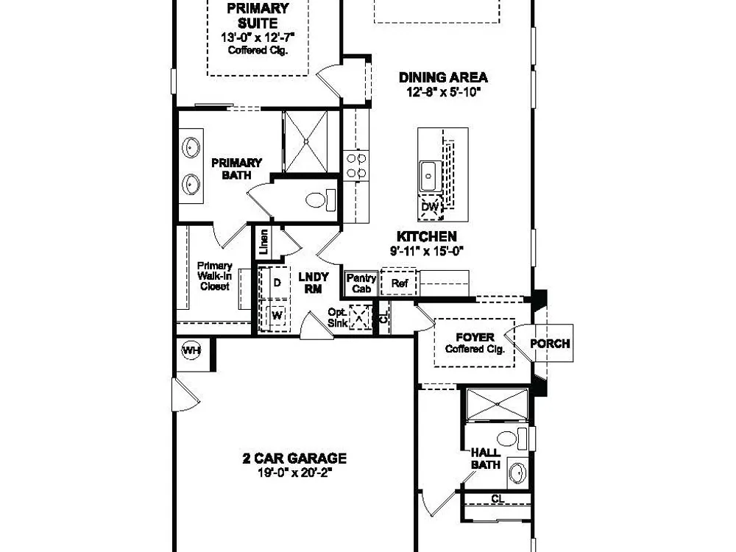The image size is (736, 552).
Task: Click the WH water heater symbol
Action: (x=191, y=350)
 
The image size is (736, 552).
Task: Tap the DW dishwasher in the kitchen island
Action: (x=431, y=207)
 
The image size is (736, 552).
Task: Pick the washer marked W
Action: (x=276, y=315)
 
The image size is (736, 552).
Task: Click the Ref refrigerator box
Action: (x=399, y=283)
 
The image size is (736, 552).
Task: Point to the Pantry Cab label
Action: (x=361, y=283)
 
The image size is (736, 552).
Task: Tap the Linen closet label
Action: (x=264, y=241)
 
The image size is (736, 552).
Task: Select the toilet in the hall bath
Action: (x=512, y=439)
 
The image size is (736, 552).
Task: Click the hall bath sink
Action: (x=517, y=473)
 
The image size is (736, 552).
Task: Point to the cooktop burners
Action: (x=356, y=166)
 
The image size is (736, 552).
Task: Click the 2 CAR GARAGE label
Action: (x=295, y=458)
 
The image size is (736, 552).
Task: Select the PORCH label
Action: (x=550, y=344)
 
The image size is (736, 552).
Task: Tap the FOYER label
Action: (x=475, y=337)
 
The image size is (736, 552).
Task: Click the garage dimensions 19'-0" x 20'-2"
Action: (x=295, y=473)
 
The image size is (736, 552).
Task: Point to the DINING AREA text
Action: (x=443, y=77)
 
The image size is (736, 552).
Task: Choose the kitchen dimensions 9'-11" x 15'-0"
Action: (x=427, y=251)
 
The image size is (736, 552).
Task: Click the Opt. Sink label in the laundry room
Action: (x=338, y=318)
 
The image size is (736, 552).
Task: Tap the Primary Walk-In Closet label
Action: (x=214, y=276)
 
